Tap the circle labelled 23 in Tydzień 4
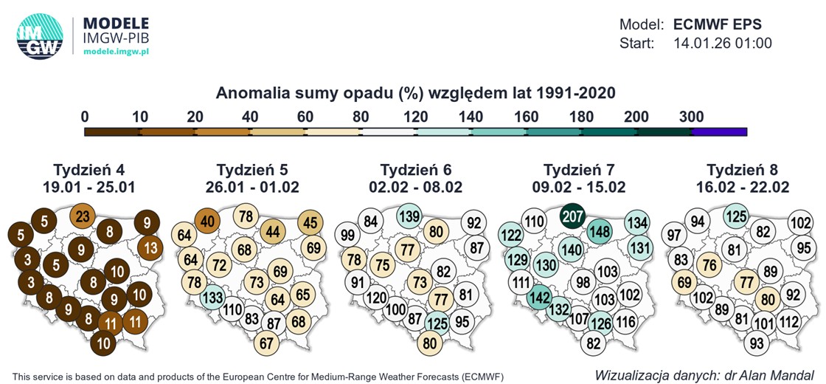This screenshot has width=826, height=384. (83, 217)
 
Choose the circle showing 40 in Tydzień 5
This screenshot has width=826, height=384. (208, 220)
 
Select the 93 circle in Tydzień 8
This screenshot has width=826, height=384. (756, 343)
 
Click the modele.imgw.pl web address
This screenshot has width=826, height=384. (117, 52)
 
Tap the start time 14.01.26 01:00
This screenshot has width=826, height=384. (723, 44)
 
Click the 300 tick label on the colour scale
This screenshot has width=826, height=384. (692, 117)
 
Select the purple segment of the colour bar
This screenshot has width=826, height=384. (720, 131)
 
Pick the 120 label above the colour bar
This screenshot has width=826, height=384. (416, 117)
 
